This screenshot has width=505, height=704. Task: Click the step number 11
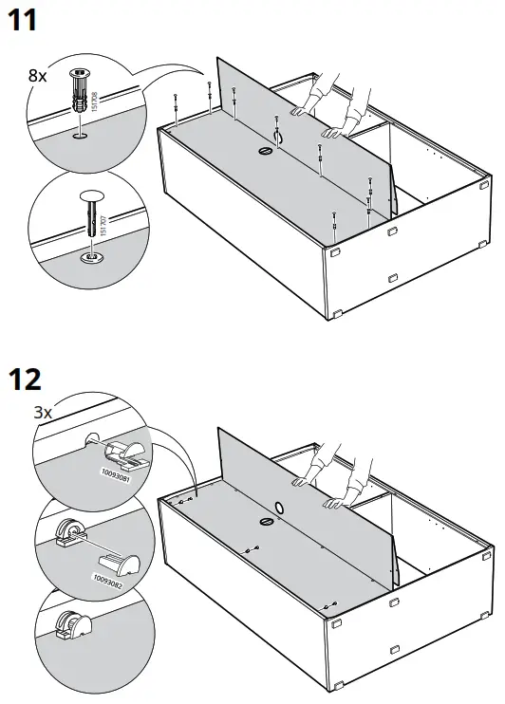tap(23, 21)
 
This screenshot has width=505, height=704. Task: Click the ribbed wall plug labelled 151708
tap(80, 91)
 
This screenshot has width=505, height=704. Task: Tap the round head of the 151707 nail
tap(92, 196)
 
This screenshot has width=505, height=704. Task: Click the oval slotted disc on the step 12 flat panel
tap(266, 520)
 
